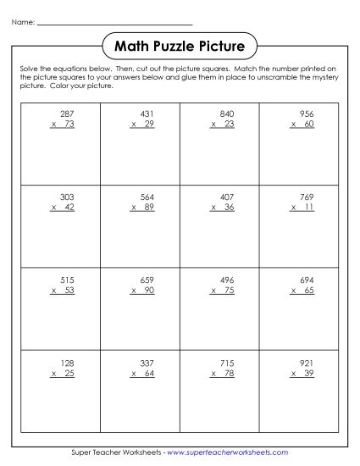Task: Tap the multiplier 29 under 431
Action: [150, 124]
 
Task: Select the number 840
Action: [225, 113]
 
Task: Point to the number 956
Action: [306, 113]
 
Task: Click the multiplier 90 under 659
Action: [150, 290]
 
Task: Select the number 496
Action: [225, 279]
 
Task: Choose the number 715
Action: [225, 362]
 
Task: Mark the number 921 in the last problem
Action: [306, 362]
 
